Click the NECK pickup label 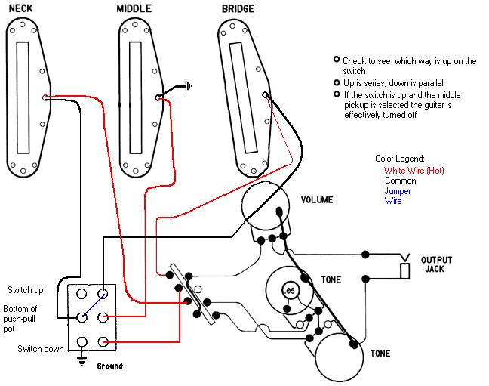(24, 9)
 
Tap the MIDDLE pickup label (134, 9)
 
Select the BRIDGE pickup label (237, 9)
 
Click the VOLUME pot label (316, 200)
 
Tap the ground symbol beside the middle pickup (186, 85)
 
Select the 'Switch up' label (26, 290)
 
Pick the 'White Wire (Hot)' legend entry (414, 171)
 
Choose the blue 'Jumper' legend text (398, 191)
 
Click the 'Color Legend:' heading (400, 159)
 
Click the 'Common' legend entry (400, 181)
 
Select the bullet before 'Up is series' (337, 82)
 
